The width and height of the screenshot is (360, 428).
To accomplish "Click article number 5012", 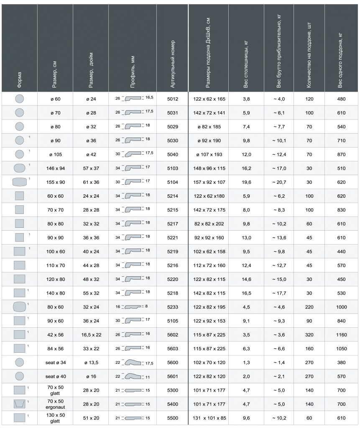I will pyautogui.click(x=173, y=99).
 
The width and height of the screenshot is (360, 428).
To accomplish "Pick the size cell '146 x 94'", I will pyautogui.click(x=55, y=168).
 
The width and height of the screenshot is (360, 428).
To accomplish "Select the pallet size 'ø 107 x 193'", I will pyautogui.click(x=209, y=155).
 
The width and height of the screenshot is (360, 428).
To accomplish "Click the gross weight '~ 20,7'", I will pyautogui.click(x=279, y=182).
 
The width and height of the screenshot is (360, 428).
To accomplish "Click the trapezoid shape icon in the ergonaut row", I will pyautogui.click(x=20, y=404).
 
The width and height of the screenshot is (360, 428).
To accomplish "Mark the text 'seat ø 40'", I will pyautogui.click(x=55, y=376).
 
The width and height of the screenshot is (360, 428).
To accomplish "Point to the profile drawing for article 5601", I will pyautogui.click(x=133, y=376).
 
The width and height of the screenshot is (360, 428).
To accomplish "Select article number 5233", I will pyautogui.click(x=173, y=307).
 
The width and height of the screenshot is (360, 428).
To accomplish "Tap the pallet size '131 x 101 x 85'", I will pyautogui.click(x=209, y=418).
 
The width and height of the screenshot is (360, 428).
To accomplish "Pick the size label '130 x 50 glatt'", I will pyautogui.click(x=55, y=418).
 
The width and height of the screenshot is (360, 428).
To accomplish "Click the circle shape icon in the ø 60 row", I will pyautogui.click(x=20, y=99).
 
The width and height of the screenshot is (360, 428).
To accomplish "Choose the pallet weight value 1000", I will pyautogui.click(x=341, y=307).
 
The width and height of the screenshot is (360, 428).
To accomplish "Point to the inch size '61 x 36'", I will pyautogui.click(x=91, y=182).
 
